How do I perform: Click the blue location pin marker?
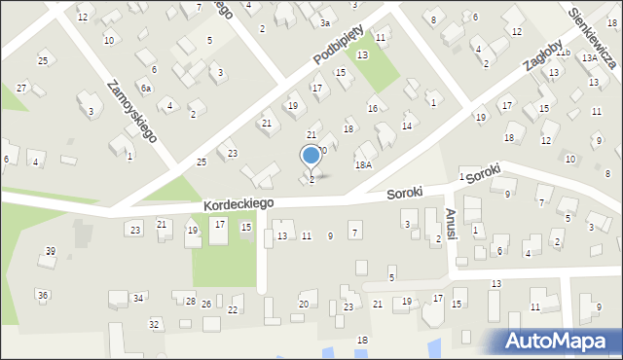click(x=311, y=156)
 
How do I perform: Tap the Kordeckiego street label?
click(x=238, y=203)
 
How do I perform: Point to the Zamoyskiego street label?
click(x=132, y=110)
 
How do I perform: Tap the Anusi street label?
click(x=450, y=223)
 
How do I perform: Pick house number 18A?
click(x=363, y=166)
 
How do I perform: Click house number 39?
click(x=51, y=251)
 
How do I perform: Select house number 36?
click(x=43, y=295)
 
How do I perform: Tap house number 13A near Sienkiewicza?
click(x=590, y=58)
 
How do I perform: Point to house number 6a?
click(x=145, y=89)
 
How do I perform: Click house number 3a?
click(x=325, y=22)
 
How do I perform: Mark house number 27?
click(x=21, y=89)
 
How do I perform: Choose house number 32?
click(x=154, y=324)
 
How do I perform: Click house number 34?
click(x=139, y=298)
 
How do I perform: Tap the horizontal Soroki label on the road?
click(x=404, y=193)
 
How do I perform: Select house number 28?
click(x=191, y=302)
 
